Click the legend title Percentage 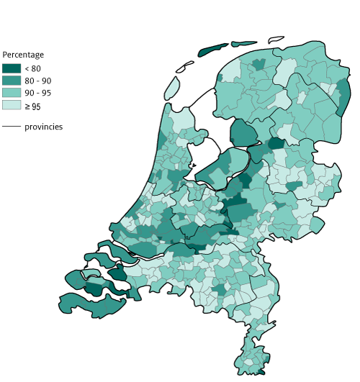pos(23,55)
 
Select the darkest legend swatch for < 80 pos(12,68)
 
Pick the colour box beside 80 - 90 pos(12,81)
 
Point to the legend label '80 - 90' pos(37,81)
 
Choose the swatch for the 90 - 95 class pos(12,93)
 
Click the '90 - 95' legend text pos(37,94)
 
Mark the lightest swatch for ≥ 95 pos(12,105)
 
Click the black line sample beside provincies pos(12,127)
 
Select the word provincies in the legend pos(43,127)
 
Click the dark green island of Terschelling pos(212,50)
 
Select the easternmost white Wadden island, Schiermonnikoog pos(275,39)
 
